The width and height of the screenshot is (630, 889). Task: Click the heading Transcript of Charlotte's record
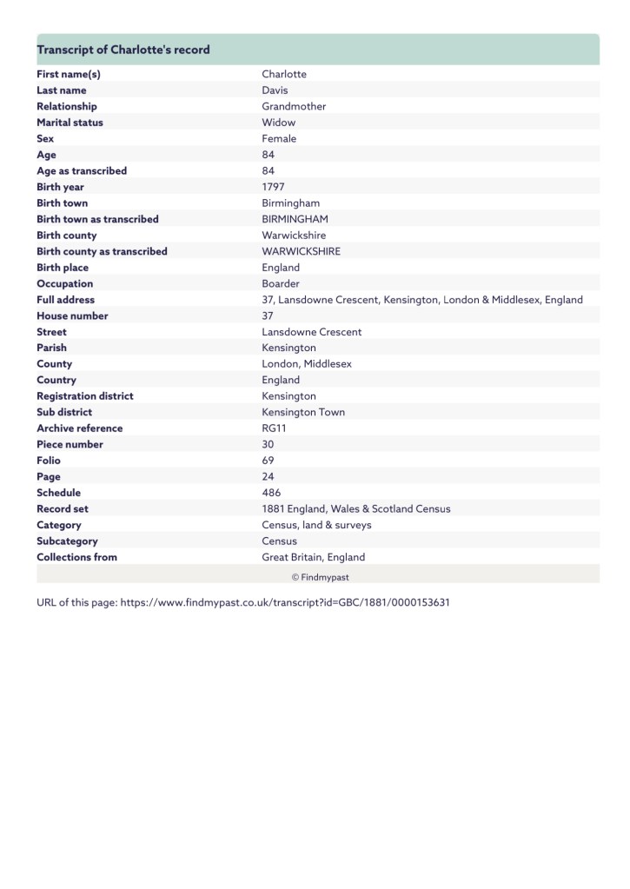123,50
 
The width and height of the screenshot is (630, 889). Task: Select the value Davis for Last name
275,90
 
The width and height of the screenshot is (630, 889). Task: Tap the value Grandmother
294,106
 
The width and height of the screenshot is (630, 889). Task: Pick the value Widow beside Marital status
278,123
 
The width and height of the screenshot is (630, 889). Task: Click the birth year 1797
273,187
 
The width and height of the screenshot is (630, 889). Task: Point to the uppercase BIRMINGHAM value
295,219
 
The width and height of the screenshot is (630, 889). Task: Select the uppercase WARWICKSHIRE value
301,251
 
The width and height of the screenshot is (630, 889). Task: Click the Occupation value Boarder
281,283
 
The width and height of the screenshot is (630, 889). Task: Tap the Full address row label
65,300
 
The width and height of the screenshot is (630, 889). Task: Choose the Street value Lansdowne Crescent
311,332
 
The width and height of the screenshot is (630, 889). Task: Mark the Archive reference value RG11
274,428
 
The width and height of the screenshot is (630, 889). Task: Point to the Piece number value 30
268,444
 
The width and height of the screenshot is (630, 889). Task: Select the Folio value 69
268,461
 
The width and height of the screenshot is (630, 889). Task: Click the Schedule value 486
270,493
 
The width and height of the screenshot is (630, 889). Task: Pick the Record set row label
63,508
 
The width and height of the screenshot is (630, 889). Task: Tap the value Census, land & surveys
316,525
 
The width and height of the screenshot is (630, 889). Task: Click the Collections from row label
76,557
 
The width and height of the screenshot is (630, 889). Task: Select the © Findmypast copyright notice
320,576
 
